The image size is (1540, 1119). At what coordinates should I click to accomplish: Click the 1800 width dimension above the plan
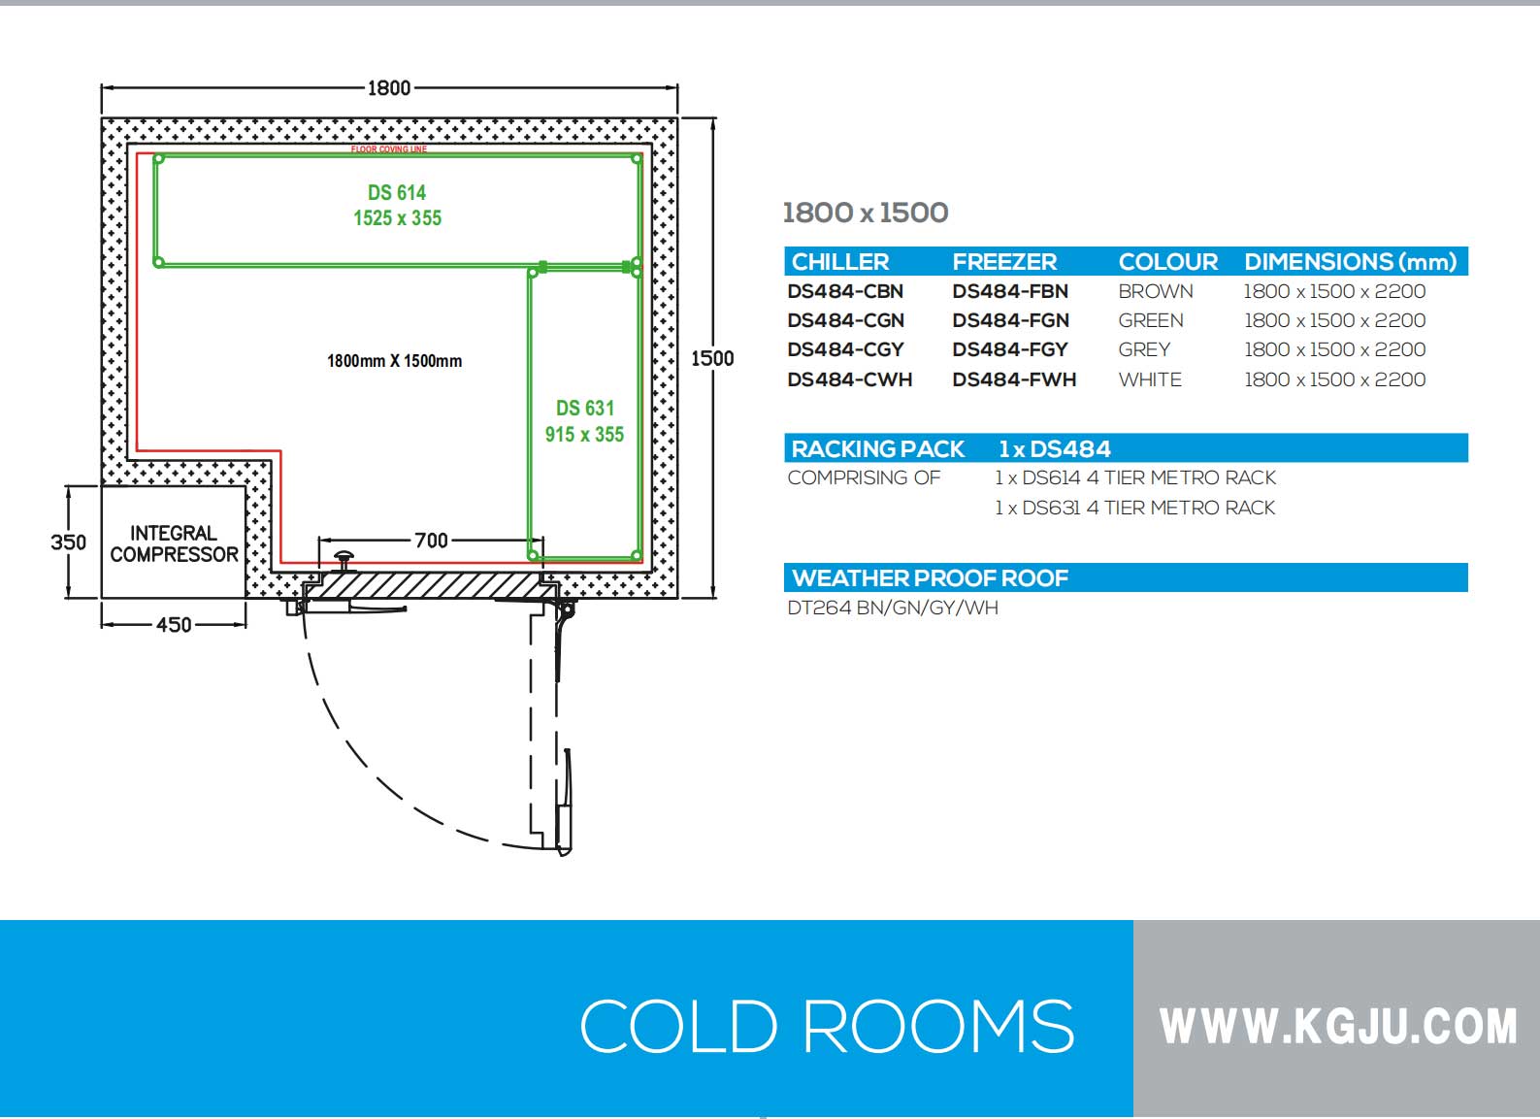coord(389,88)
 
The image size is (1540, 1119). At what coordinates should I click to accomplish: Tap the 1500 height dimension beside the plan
coord(712,358)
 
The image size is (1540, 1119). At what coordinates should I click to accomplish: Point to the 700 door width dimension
coord(431,540)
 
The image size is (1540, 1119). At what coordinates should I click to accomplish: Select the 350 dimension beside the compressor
coord(68,542)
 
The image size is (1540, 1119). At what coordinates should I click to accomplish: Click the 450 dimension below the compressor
coord(174,625)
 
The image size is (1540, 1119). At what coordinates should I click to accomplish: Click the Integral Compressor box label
coord(174,543)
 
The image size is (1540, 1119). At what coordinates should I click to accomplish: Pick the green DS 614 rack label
coord(397,205)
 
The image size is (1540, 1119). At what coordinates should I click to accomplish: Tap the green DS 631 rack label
coord(584,421)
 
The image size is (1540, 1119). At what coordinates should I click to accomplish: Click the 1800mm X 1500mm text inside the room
coord(394,361)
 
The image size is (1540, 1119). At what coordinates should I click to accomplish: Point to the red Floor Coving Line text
coord(389,149)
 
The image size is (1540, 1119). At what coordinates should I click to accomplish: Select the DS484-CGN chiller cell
coord(845,320)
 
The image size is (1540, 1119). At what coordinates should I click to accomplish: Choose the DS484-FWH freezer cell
coord(1014,379)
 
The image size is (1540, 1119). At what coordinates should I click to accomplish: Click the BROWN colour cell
coord(1155,291)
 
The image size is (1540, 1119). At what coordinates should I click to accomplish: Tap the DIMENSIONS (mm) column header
coord(1350,262)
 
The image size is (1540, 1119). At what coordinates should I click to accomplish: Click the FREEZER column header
coord(1004,262)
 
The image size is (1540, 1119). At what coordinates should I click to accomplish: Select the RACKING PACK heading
coord(877,449)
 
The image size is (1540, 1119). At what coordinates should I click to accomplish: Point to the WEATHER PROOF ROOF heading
coord(930,578)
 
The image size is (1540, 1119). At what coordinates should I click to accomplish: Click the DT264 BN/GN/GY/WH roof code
coord(892,609)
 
